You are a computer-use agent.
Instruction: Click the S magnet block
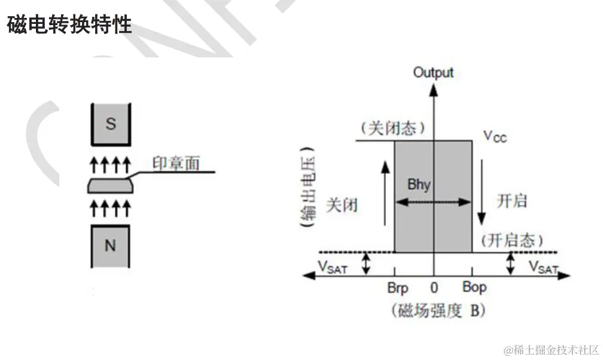[x=111, y=124]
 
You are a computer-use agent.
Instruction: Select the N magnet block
[x=111, y=245]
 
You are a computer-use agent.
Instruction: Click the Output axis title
[x=434, y=72]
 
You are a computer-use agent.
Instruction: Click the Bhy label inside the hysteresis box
[x=419, y=184]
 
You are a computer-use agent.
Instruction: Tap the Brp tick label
[x=397, y=288]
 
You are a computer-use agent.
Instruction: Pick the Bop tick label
[x=474, y=287]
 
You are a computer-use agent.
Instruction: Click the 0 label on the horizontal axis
[x=435, y=288]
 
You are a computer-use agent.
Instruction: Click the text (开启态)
[x=512, y=240]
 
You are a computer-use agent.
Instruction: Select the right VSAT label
[x=543, y=267]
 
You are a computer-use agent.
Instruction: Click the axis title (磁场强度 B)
[x=437, y=310]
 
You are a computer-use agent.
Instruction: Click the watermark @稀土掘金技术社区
[x=550, y=349]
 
